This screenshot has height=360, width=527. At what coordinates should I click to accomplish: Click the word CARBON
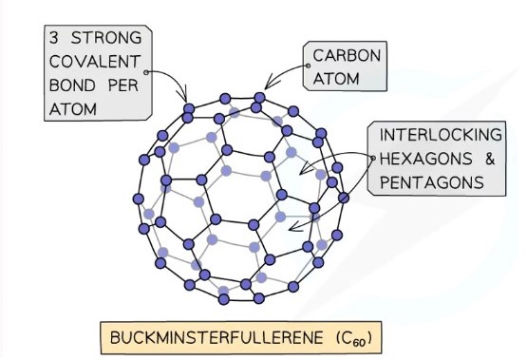point(347,56)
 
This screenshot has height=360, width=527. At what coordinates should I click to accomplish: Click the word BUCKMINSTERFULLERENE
point(214,336)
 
